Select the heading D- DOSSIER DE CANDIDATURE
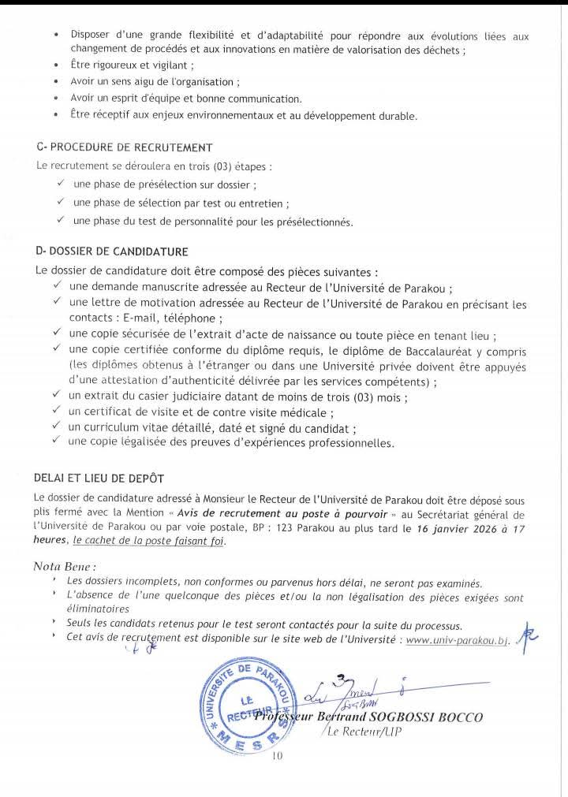[x=112, y=251]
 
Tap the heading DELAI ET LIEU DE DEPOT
[x=99, y=479]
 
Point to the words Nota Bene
[x=65, y=566]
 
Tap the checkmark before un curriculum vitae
[x=57, y=426]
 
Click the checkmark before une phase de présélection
[x=61, y=184]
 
